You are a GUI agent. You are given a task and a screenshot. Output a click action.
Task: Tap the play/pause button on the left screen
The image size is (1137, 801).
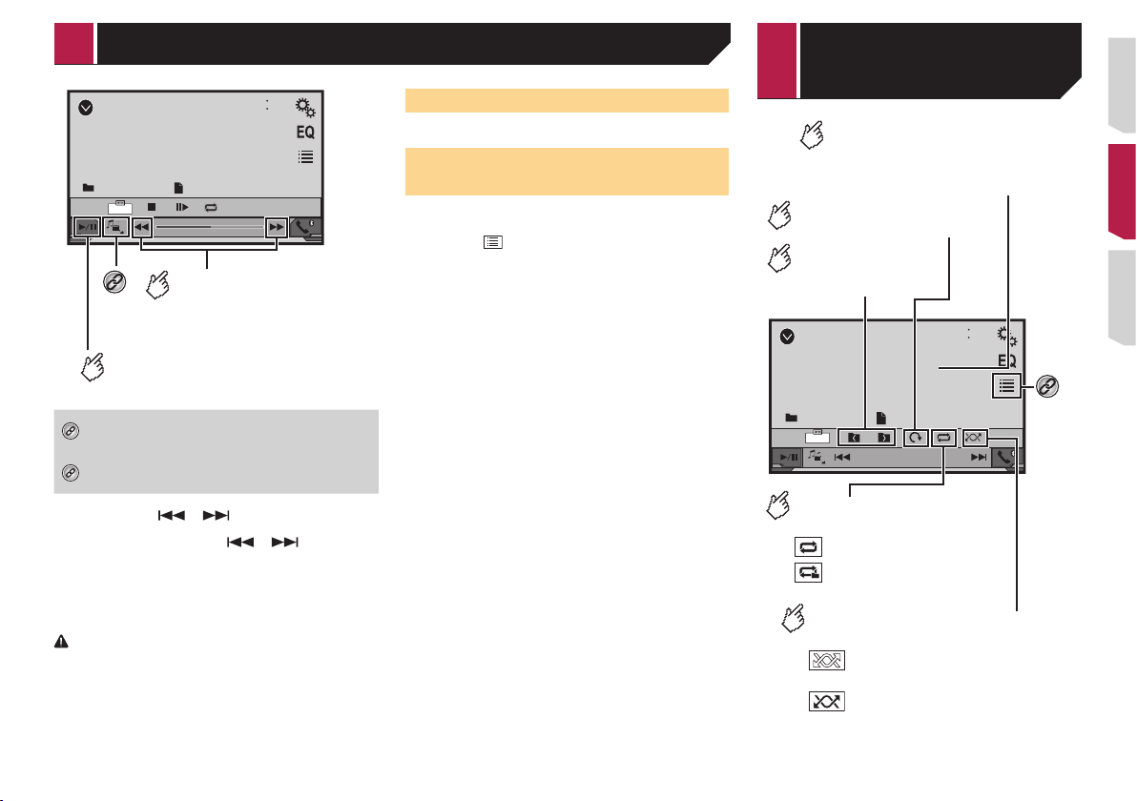[x=87, y=227]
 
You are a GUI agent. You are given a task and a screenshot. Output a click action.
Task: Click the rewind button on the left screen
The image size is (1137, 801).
[x=142, y=227]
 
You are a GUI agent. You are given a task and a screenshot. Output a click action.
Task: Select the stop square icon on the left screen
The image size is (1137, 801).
[x=152, y=207]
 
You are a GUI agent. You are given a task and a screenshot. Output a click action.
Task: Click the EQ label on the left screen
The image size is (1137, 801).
[x=305, y=132]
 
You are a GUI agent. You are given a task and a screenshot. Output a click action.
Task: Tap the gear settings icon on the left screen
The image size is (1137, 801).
[x=305, y=108]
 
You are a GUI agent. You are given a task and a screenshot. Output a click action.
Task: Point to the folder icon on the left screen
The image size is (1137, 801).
[x=89, y=188]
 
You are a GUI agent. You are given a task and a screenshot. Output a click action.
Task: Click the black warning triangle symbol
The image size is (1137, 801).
[x=62, y=642]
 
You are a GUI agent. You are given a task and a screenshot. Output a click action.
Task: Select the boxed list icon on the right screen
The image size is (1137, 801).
[x=1006, y=385]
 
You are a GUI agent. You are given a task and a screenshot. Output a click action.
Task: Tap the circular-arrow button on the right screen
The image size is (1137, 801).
[x=917, y=438]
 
